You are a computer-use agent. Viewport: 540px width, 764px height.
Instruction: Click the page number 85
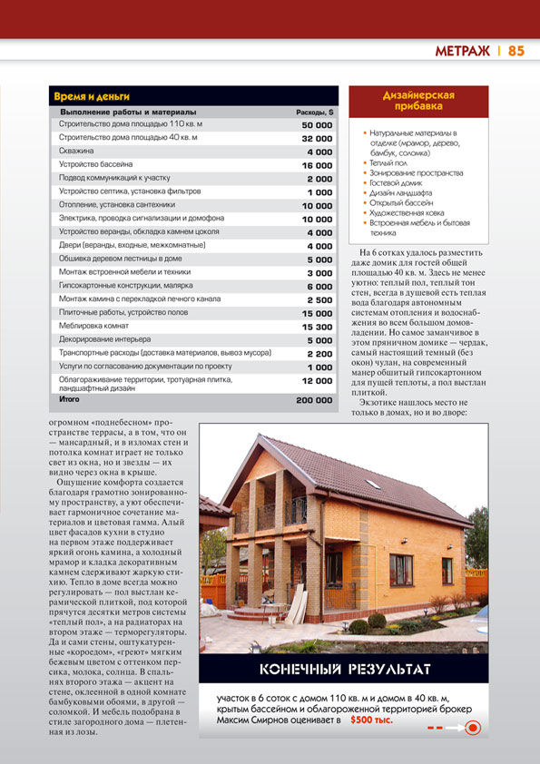(x=516, y=51)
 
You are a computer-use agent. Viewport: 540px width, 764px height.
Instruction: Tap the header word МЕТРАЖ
(x=463, y=51)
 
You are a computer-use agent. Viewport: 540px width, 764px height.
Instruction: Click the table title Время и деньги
(x=92, y=95)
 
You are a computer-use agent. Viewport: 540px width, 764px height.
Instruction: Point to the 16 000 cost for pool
(x=317, y=165)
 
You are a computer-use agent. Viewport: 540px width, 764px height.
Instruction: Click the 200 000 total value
(x=314, y=399)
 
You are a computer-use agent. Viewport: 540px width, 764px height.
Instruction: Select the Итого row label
(x=69, y=399)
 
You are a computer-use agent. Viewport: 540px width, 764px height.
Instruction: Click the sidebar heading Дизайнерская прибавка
(x=417, y=100)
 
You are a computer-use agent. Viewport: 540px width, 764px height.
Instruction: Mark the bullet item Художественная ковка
(x=407, y=212)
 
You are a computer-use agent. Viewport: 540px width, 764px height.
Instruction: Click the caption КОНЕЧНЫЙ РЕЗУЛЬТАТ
(x=345, y=670)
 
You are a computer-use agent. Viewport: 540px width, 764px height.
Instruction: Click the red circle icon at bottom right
(x=471, y=727)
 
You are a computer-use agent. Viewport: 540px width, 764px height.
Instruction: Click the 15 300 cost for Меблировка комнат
(x=317, y=326)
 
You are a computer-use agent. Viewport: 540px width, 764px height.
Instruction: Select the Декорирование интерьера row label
(x=105, y=339)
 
